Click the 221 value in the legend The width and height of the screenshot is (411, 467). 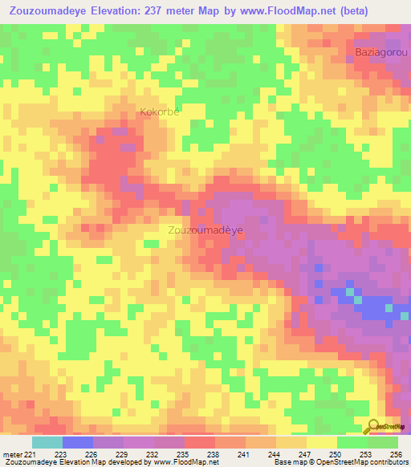coord(34,453)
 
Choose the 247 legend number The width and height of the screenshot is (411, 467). coord(306,453)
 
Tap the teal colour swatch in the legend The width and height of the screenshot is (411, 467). coord(47,442)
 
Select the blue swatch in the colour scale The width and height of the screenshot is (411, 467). coord(78,442)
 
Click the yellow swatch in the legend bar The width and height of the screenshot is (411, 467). coord(321,442)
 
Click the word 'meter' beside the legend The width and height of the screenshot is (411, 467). coord(12,453)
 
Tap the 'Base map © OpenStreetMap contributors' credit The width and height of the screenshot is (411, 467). coord(340,462)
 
